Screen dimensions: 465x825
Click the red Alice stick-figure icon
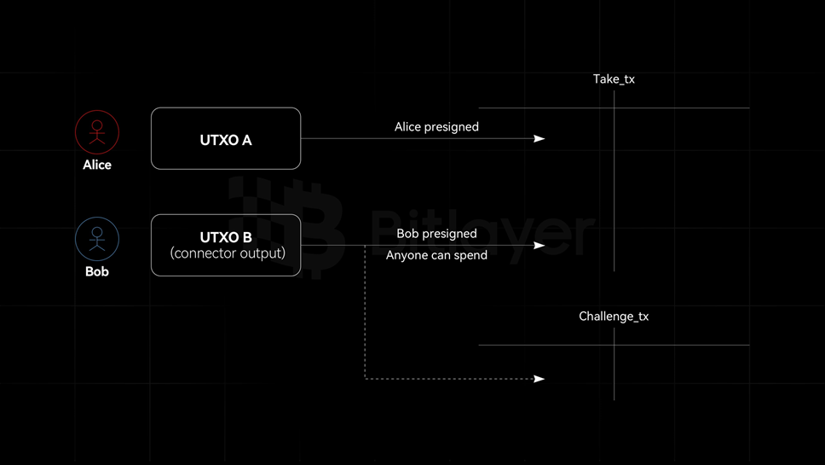(97, 132)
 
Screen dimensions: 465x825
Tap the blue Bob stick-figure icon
(97, 239)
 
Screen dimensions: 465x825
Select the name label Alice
(97, 165)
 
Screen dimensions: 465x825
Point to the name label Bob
(97, 271)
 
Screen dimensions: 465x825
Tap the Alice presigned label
(436, 127)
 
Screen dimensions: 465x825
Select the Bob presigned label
(436, 234)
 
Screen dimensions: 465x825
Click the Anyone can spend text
(436, 255)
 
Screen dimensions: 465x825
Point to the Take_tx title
(614, 79)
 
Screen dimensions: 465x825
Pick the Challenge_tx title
(614, 317)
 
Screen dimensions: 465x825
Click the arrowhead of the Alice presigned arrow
(539, 138)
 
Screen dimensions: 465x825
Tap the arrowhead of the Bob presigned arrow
(539, 246)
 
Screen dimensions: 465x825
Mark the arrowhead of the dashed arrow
(539, 378)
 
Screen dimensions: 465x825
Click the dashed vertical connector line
(366, 316)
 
